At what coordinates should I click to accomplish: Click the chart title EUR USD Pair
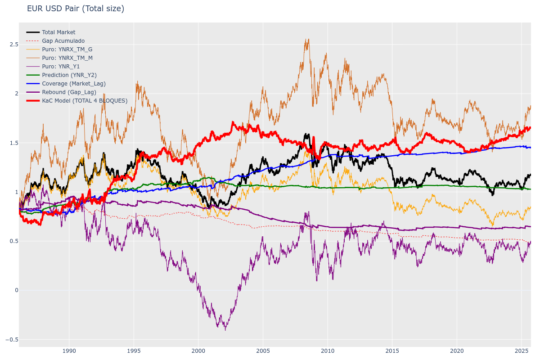coord(75,9)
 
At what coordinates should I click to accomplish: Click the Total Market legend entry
coord(58,32)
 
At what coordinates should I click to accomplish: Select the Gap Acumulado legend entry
coord(63,41)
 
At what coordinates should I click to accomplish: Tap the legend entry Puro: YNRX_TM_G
coord(67,49)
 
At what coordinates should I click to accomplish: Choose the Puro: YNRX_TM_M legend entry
coord(67,58)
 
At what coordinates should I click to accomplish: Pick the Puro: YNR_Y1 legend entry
coord(61,67)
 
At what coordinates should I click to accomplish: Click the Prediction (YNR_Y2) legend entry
coord(69,75)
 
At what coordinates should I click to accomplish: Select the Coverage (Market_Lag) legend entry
coord(74,84)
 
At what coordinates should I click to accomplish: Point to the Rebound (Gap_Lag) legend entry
coord(69,92)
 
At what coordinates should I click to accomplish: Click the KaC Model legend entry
coord(85,101)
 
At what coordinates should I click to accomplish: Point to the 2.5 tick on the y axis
coord(13,45)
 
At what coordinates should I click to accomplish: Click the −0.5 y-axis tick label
coord(12,339)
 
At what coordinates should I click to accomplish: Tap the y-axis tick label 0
coord(17,290)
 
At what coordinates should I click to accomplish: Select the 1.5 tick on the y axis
coord(13,143)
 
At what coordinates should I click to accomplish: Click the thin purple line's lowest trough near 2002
coord(225,330)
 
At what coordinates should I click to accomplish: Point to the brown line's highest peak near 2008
coord(308,39)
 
